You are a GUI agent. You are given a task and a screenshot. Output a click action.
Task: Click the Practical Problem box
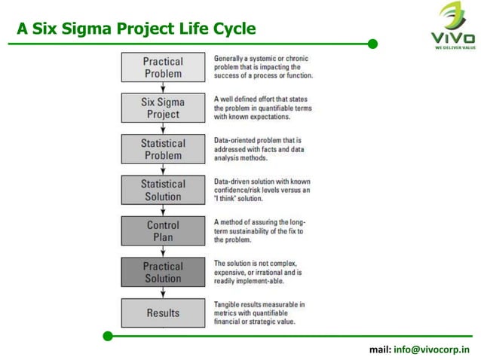[163, 67]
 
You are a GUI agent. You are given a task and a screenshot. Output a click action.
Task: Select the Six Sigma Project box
[163, 108]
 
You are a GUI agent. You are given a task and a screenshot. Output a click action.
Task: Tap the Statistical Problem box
[163, 149]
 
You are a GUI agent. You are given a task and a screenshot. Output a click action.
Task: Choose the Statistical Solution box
[163, 190]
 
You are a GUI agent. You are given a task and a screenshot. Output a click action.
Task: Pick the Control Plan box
[163, 231]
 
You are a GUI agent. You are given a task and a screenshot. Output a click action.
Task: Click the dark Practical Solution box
[163, 272]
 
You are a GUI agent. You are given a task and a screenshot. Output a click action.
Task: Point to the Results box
[163, 313]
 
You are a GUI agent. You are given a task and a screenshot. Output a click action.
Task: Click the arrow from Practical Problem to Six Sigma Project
[163, 87]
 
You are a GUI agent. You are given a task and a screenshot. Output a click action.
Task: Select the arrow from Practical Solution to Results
[163, 292]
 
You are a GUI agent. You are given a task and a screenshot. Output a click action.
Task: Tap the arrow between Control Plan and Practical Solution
[163, 252]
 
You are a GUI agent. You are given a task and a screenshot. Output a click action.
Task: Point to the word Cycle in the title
[232, 29]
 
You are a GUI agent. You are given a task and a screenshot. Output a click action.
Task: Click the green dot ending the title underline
[372, 44]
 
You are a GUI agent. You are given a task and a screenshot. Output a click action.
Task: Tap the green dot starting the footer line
[108, 335]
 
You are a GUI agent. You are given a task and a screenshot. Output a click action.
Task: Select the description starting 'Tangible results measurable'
[259, 313]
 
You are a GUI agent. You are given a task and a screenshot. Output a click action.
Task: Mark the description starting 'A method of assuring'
[259, 231]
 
